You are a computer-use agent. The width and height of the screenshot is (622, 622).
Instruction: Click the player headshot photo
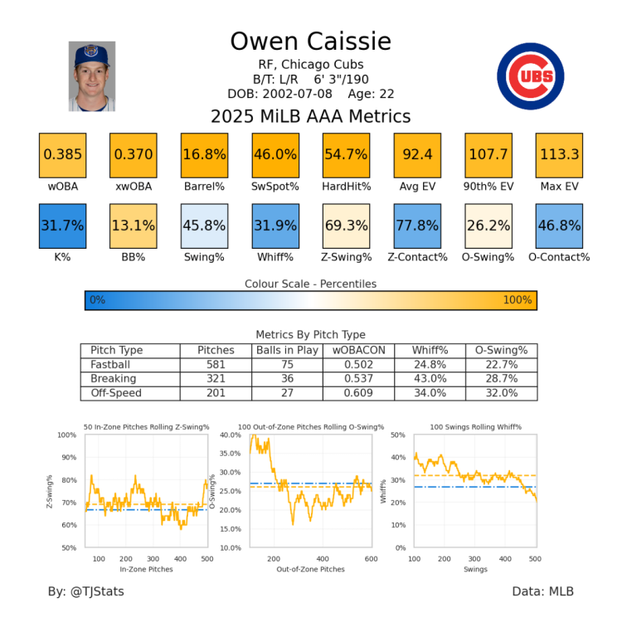coord(92,76)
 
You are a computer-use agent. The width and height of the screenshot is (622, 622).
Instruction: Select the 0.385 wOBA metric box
coord(62,154)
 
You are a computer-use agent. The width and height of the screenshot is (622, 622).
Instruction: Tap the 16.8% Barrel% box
coord(204,154)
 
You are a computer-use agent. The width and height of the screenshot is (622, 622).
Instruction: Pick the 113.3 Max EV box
coord(559,154)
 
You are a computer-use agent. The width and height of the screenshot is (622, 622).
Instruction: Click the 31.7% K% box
coord(62,224)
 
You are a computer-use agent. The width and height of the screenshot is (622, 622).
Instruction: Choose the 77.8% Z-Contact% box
coord(417,224)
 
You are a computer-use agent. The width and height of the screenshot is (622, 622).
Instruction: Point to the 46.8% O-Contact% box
coord(559,224)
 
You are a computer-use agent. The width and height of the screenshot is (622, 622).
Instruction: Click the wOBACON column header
coord(358,351)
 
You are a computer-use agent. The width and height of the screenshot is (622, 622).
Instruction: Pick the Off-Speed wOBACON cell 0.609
coord(358,393)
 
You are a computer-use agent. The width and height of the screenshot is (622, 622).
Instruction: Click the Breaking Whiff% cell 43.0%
coord(430,379)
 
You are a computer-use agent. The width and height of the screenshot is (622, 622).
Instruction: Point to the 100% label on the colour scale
coord(517,299)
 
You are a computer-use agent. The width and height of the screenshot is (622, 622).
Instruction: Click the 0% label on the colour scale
coord(97,299)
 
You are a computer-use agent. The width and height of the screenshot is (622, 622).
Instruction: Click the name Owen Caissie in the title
coord(310,41)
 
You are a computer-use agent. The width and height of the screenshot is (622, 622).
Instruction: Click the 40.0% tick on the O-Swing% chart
coord(231,435)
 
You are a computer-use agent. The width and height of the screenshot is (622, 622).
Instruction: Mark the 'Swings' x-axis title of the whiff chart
coord(475,570)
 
